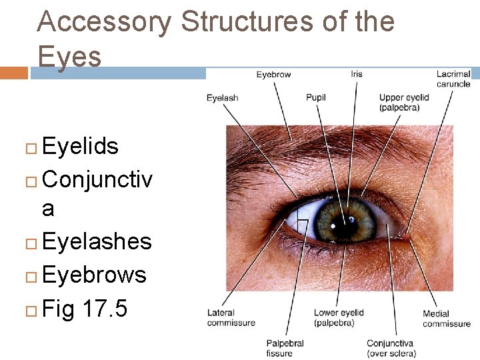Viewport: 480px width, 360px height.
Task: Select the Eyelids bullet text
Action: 80,146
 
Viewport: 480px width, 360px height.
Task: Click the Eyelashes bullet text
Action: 97,241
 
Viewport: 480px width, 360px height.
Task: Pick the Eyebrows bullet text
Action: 94,274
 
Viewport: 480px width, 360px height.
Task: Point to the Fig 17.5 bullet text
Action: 85,309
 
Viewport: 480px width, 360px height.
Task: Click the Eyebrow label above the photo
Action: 273,75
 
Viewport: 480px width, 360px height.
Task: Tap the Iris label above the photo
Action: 357,73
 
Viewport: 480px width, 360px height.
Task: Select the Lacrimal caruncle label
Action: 453,79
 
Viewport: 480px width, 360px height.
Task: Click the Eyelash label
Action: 222,98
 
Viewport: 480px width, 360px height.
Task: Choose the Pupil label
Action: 316,97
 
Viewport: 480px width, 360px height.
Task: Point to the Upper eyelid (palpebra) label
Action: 404,102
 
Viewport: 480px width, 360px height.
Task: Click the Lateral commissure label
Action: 231,317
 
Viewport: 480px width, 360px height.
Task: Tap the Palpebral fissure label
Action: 285,348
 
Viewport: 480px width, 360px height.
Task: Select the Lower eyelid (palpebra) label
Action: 339,317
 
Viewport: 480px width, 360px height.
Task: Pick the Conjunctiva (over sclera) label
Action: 391,348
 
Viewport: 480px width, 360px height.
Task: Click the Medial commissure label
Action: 446,319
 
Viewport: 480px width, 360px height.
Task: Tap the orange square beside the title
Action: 13,72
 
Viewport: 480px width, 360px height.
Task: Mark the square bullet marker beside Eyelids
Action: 31,147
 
